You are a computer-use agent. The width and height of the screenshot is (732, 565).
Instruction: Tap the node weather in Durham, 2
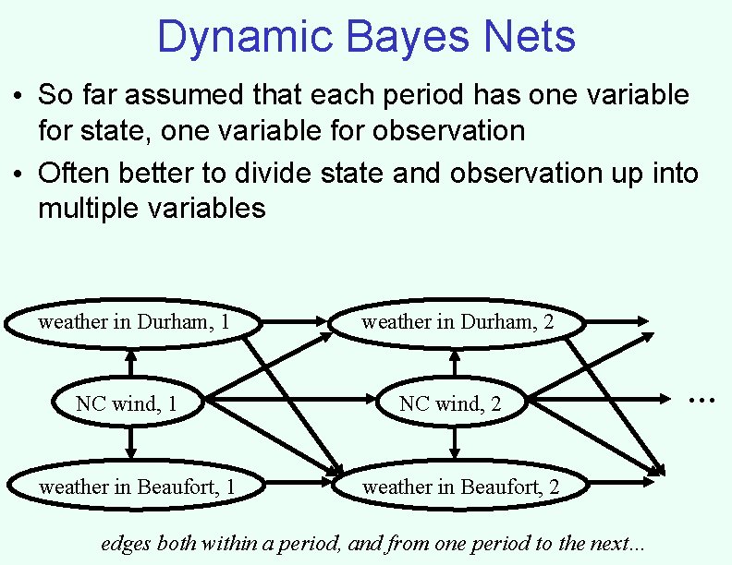pyautogui.click(x=457, y=322)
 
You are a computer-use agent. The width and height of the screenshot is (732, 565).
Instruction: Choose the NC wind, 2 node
pyautogui.click(x=450, y=403)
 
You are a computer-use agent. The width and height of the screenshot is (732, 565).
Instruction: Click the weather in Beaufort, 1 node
pyautogui.click(x=137, y=487)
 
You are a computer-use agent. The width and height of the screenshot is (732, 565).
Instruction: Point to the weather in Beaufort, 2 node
pyautogui.click(x=459, y=487)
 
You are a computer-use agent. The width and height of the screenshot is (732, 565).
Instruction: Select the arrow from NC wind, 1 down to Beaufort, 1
pyautogui.click(x=130, y=445)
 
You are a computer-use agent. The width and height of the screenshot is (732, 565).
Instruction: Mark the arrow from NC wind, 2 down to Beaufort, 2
pyautogui.click(x=453, y=445)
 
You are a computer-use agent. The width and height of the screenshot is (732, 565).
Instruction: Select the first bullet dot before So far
pyautogui.click(x=18, y=96)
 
